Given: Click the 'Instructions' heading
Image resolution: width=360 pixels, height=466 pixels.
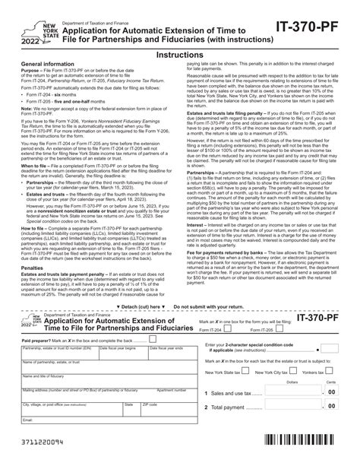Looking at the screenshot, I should (x=179, y=55).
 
